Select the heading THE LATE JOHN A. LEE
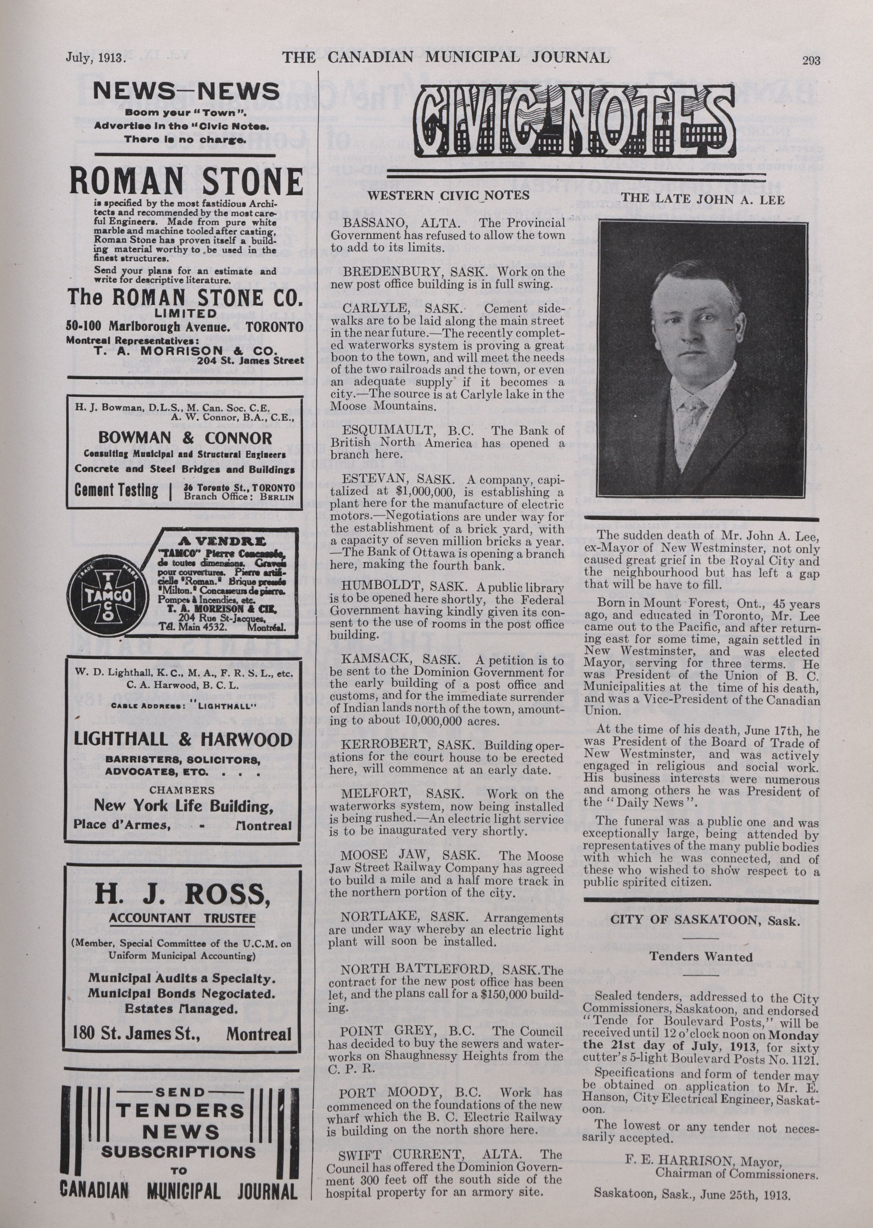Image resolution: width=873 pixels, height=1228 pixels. tap(703, 199)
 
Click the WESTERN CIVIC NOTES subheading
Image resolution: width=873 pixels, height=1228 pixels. tap(448, 196)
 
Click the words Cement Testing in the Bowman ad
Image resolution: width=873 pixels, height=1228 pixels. tap(116, 490)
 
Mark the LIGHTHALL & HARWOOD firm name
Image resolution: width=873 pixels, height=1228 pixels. tap(183, 739)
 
